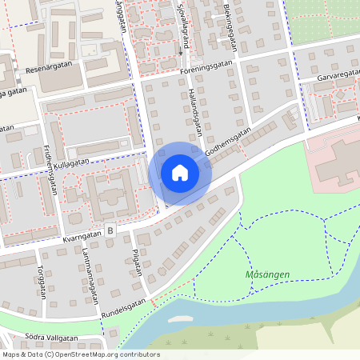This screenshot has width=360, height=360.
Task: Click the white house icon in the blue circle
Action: point(180,173)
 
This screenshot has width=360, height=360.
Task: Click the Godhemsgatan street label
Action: point(228,141)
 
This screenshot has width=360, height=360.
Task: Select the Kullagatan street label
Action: point(73,162)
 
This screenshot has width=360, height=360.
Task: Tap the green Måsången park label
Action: point(267,275)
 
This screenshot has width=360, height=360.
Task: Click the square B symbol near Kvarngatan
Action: point(110,230)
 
